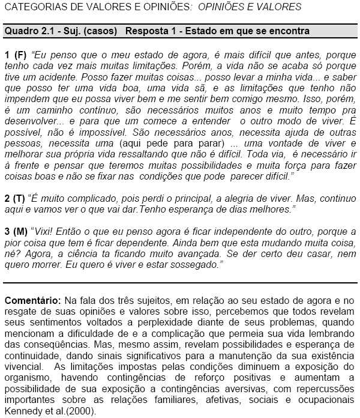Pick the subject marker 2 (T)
click(15, 198)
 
